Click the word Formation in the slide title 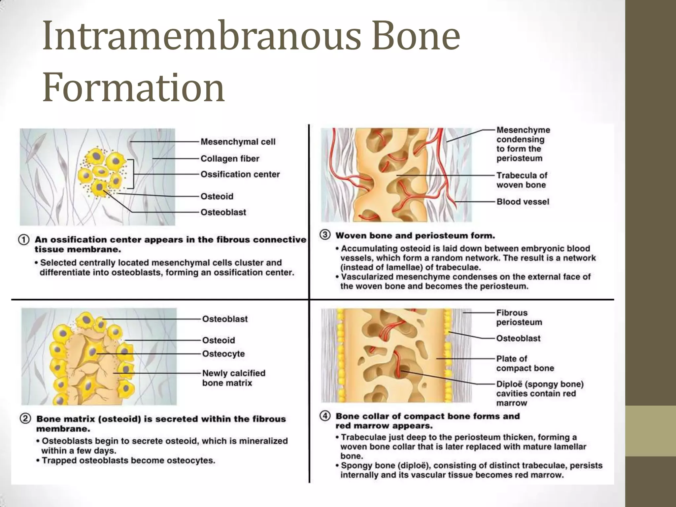(133, 87)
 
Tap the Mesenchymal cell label (238, 142)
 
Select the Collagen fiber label (230, 158)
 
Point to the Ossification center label (240, 174)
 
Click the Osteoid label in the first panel (217, 196)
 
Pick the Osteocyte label (223, 354)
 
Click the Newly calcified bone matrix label (233, 378)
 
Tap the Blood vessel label (523, 202)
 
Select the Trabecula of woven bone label (522, 180)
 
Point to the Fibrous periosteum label (519, 317)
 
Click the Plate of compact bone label (525, 363)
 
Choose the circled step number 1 (24, 240)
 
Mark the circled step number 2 (25, 419)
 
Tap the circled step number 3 (325, 235)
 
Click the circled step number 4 (325, 416)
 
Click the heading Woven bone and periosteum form (415, 236)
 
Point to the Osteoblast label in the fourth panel (518, 338)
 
